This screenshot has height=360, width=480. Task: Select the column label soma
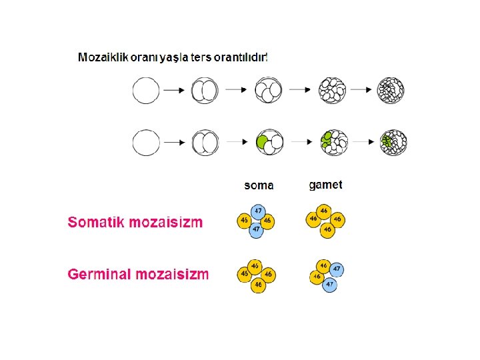(259, 185)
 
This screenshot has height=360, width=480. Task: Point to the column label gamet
(326, 184)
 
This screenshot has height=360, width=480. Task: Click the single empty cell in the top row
(145, 90)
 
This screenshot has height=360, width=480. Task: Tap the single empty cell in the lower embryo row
(145, 142)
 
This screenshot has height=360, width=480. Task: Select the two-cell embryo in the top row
(205, 90)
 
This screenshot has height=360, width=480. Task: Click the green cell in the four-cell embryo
(263, 142)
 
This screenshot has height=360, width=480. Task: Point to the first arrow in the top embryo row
(175, 90)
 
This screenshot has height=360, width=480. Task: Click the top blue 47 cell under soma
(258, 211)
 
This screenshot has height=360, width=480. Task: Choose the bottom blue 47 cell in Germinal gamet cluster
(329, 284)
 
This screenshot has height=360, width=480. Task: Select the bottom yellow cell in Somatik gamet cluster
(326, 229)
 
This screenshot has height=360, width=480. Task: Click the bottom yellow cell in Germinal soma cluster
(257, 284)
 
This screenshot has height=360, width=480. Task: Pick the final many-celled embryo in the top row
(392, 90)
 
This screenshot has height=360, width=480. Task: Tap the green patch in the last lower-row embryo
(387, 141)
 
